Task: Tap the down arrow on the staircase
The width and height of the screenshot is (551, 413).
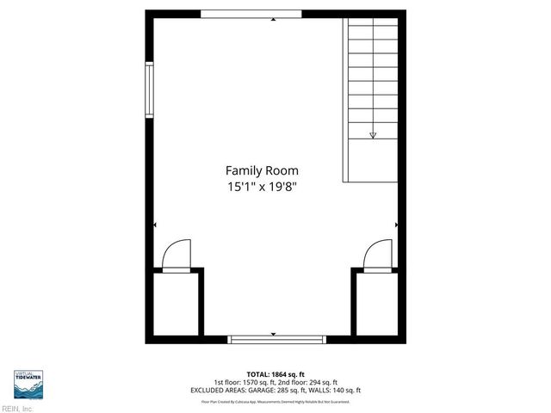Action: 373,134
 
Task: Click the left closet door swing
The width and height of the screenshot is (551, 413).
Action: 176,255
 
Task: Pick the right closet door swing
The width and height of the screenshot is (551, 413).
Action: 377,256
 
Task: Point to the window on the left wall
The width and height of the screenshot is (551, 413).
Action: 149,90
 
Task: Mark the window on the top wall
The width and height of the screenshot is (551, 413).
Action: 251,15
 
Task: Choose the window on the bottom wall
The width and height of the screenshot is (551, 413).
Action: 273,339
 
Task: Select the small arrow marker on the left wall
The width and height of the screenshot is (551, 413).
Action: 154,225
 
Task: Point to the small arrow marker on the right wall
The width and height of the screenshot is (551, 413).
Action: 396,225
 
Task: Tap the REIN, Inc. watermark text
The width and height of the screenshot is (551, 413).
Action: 17,409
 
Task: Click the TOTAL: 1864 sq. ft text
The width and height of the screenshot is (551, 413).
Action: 275,374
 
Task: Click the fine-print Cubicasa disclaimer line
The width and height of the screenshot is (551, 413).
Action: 275,401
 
